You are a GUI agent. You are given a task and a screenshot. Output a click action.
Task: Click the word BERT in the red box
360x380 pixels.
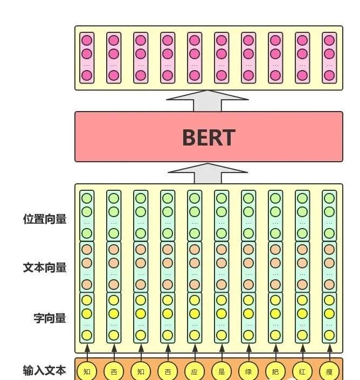click(209, 137)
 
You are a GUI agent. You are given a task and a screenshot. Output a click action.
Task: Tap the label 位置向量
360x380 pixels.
click(45, 219)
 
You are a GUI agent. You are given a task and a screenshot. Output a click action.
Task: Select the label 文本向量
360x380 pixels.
click(45, 267)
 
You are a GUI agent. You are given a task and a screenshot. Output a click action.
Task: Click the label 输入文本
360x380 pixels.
click(45, 370)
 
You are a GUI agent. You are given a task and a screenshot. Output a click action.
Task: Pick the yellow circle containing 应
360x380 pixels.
click(194, 371)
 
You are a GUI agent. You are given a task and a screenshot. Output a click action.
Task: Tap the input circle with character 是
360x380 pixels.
click(221, 371)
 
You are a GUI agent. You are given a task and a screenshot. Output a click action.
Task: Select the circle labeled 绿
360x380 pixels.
click(248, 371)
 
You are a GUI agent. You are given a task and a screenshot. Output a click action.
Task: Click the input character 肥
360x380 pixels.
click(275, 371)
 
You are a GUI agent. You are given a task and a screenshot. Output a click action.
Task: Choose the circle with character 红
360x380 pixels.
click(302, 371)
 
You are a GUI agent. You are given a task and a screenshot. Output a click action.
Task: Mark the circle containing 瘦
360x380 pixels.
click(329, 371)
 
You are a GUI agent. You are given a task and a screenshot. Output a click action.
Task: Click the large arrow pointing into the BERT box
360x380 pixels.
click(208, 174)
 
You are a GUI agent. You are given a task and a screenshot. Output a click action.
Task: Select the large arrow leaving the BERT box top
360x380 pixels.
click(208, 100)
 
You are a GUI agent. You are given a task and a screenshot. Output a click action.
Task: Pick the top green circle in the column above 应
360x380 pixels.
click(194, 198)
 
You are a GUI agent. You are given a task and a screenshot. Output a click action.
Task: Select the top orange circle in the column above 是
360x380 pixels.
click(221, 250)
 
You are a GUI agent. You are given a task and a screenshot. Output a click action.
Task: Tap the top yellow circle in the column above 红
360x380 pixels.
click(302, 300)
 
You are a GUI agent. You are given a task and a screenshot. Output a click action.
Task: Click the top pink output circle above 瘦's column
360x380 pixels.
click(329, 40)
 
